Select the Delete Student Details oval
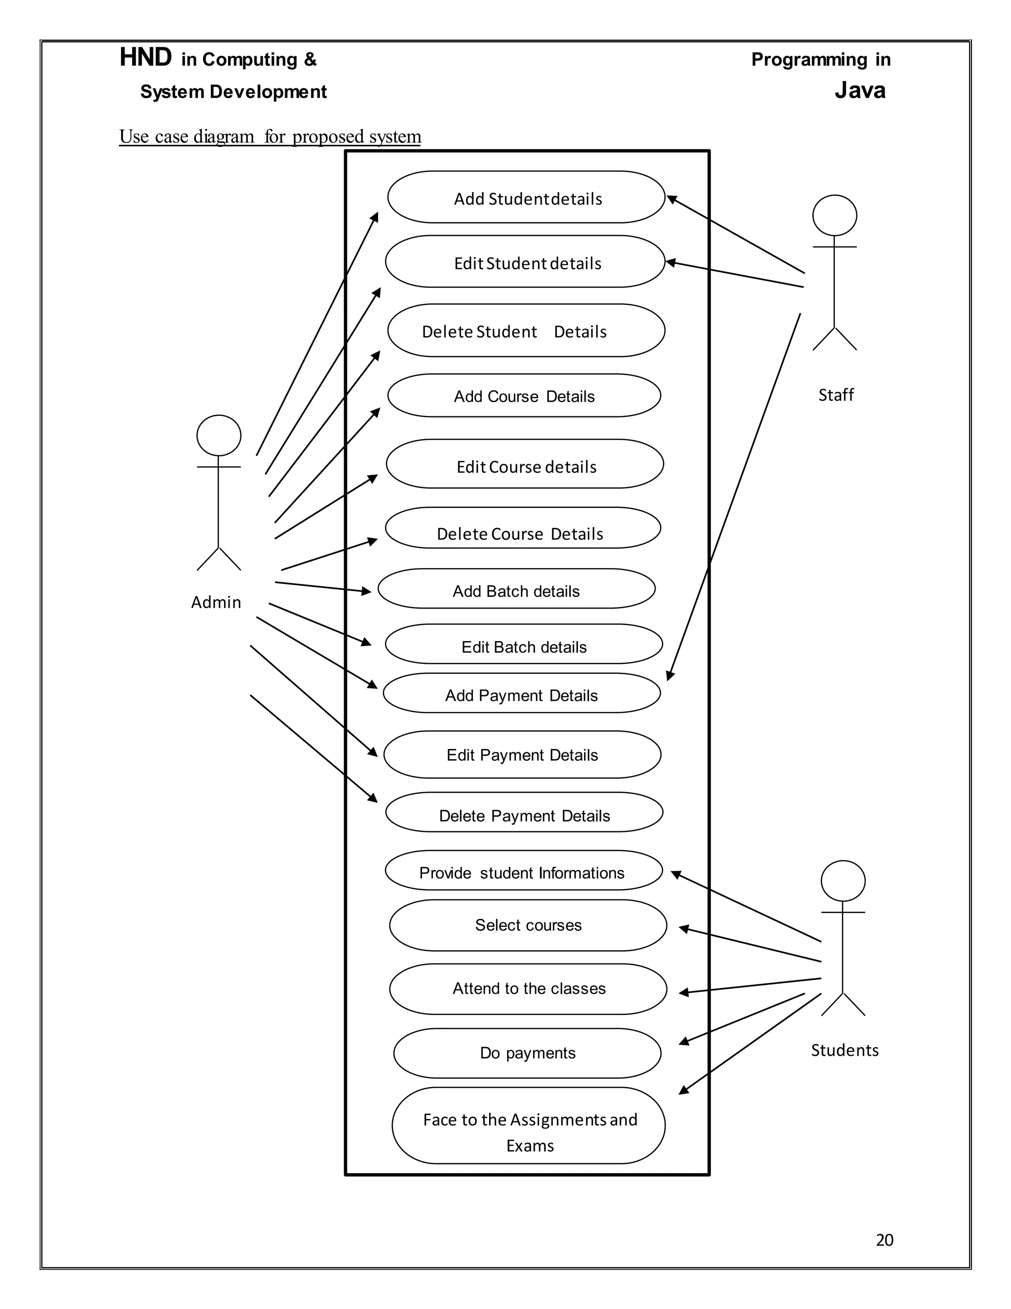point(526,331)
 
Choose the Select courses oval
point(528,925)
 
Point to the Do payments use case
point(527,1053)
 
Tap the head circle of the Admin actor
point(219,436)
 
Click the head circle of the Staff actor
point(834,215)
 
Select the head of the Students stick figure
point(843,881)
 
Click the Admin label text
point(216,602)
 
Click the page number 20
point(884,1240)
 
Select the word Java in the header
point(859,90)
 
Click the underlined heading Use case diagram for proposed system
point(270,137)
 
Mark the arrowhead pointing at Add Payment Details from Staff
point(670,676)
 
